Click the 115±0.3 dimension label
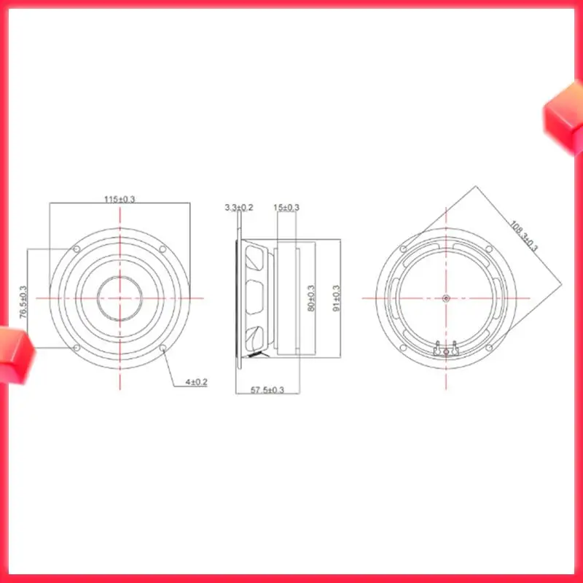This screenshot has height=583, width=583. pos(120,199)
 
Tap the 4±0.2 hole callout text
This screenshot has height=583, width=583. pos(196,382)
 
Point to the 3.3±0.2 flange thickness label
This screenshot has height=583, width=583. pos(239,208)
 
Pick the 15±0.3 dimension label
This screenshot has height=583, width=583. pos(286,208)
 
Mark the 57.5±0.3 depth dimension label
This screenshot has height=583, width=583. pos(267,391)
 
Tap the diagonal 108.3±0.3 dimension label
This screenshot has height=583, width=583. pos(523,235)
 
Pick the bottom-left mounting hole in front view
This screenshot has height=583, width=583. pos(77,348)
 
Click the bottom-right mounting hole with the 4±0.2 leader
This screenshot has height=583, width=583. pos(163,348)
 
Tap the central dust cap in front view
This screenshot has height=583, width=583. pos(120,299)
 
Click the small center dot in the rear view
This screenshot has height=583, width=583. pos(446,298)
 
